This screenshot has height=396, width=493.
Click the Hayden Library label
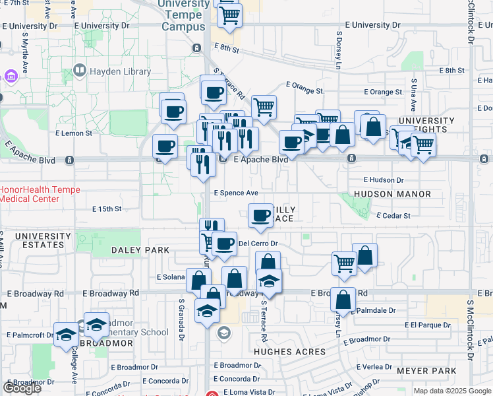point(122,71)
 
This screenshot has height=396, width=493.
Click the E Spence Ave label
point(236,193)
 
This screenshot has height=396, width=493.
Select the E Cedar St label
point(393,215)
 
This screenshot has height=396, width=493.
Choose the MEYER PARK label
point(431,371)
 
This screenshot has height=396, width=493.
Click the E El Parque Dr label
point(428,325)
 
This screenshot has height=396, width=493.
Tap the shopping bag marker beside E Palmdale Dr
point(343,301)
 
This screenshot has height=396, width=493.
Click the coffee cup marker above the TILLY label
point(261,215)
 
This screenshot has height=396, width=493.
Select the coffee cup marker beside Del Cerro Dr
point(225,244)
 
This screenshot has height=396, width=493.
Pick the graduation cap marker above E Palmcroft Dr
point(66,335)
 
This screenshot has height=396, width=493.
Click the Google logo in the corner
point(22,388)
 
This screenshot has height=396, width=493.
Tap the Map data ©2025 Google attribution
point(452,391)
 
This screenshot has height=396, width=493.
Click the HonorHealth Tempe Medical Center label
point(40,194)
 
